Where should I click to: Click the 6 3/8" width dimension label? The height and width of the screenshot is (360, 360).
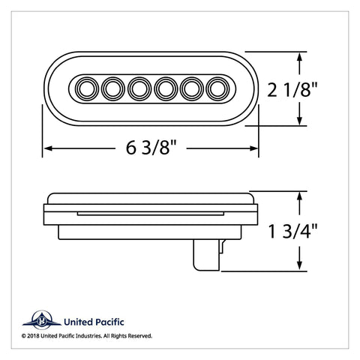(151, 148)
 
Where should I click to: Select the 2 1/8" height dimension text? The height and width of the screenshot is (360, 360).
(292, 90)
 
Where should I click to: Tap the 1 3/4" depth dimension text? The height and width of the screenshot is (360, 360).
(292, 231)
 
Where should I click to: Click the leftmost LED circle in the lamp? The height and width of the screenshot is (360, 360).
(87, 88)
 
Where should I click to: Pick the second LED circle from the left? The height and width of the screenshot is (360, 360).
(113, 88)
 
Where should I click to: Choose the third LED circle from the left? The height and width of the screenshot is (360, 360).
(139, 88)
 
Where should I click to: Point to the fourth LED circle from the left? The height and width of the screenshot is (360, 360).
(166, 88)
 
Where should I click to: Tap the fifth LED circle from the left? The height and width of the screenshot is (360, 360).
(192, 88)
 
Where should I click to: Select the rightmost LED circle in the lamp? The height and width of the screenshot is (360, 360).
(217, 88)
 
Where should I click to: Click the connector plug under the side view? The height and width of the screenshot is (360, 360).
(209, 255)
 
